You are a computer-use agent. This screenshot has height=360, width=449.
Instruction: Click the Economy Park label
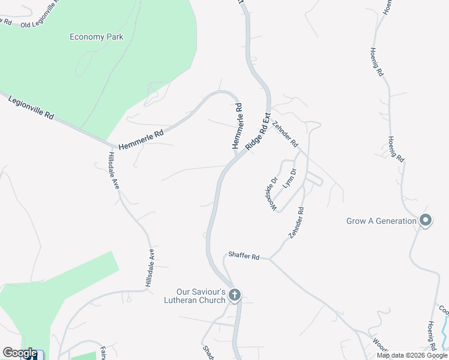pos(96,37)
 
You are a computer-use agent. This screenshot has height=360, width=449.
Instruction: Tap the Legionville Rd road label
pos(31,107)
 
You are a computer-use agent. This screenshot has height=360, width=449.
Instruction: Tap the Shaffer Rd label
pos(244,256)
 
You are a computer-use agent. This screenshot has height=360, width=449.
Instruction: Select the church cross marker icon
pos(235,295)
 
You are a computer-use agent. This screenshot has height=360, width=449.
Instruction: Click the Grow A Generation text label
pos(381,221)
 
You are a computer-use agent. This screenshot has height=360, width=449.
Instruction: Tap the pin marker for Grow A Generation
pos(426,220)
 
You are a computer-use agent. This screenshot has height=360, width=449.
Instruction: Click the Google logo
pos(20,353)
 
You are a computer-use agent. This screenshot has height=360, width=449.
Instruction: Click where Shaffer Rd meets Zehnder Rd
pos(270,259)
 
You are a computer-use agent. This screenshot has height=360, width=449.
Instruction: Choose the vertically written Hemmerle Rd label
pos(237,126)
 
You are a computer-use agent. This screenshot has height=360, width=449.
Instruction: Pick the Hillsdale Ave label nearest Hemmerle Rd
pos(112,170)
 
